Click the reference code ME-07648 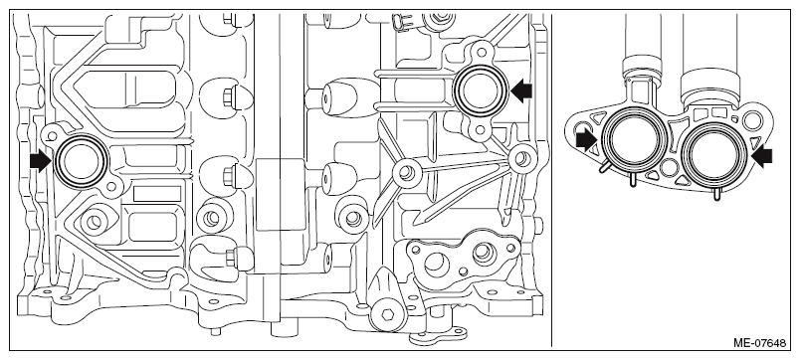point(759,343)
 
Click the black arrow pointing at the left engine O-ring point(41,162)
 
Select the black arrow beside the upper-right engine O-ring point(521,91)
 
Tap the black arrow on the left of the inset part point(586,140)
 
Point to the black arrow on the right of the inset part point(762,155)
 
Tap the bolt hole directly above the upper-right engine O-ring point(481,51)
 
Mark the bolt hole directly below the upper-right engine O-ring point(480,130)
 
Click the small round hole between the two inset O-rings point(669,167)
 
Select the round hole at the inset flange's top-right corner point(751,120)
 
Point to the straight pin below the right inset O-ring point(715,194)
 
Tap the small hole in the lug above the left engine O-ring point(50,136)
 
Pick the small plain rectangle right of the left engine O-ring point(157,194)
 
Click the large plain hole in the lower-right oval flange point(435,264)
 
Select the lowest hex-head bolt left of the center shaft point(233,256)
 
